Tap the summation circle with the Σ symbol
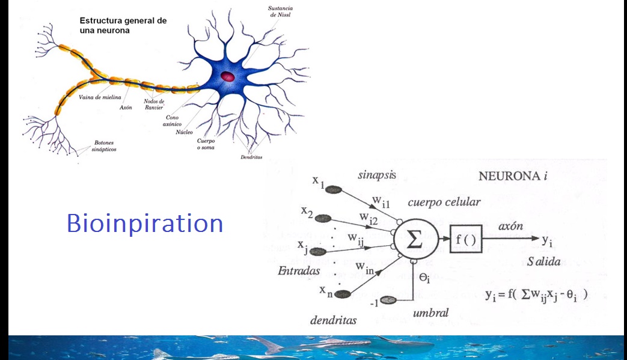[414, 240]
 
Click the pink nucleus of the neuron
[228, 76]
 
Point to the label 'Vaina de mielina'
[100, 97]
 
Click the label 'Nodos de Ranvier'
[154, 105]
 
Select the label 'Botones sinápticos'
[105, 145]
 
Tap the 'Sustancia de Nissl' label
[281, 11]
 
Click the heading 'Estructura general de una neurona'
[123, 25]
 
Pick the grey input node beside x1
[334, 189]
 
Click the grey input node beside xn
[343, 294]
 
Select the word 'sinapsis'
[376, 175]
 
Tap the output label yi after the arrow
[547, 241]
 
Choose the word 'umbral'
[431, 313]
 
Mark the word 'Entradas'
[298, 271]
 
